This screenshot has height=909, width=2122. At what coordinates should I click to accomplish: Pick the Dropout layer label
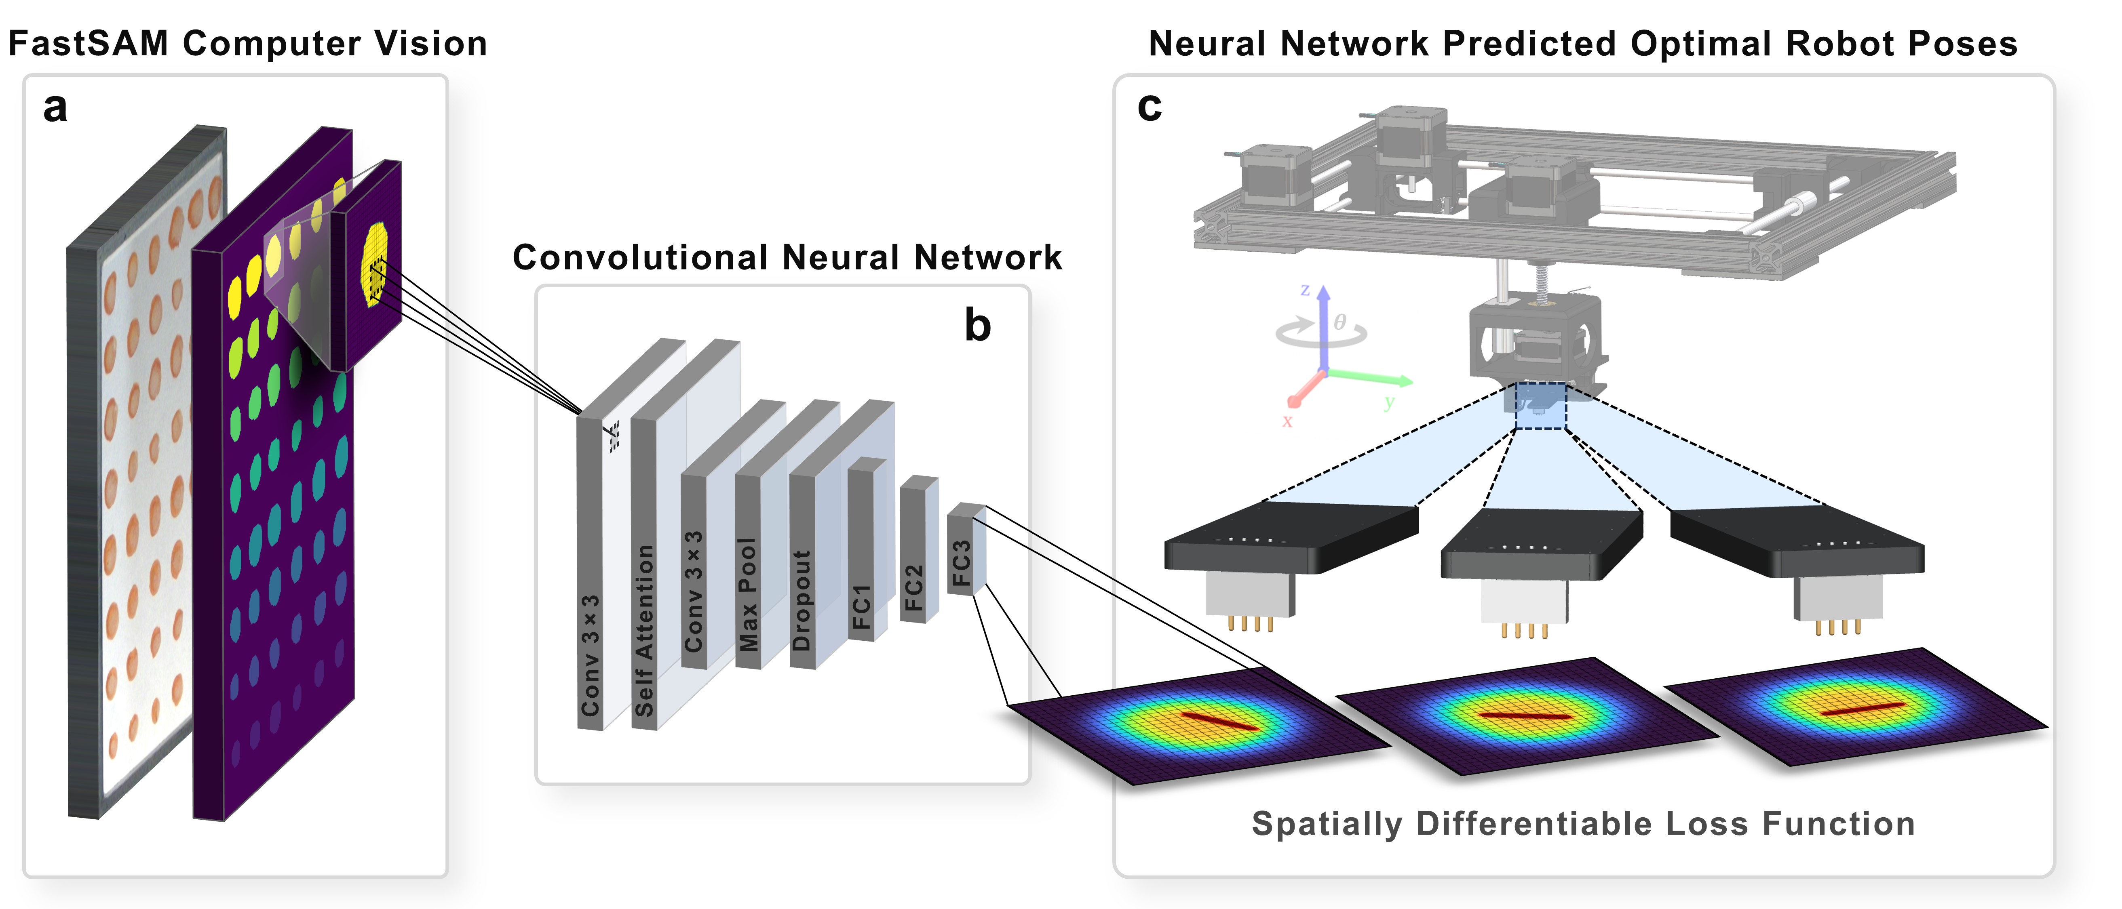pos(802,600)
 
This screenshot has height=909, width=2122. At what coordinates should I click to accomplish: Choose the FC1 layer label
pos(861,607)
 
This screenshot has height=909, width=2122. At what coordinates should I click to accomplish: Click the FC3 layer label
pos(961,563)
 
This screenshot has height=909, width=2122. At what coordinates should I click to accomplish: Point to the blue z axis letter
pos(1305,290)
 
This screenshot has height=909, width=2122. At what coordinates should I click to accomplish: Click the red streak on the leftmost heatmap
pos(1219,720)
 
